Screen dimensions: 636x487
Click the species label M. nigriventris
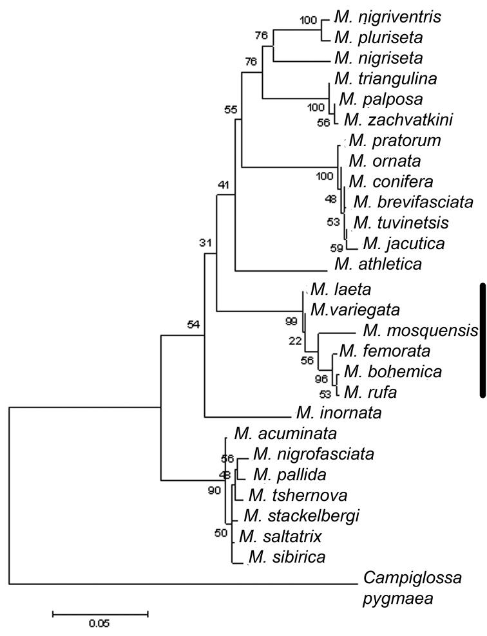coord(388,17)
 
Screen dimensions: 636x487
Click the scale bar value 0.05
coord(99,623)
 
